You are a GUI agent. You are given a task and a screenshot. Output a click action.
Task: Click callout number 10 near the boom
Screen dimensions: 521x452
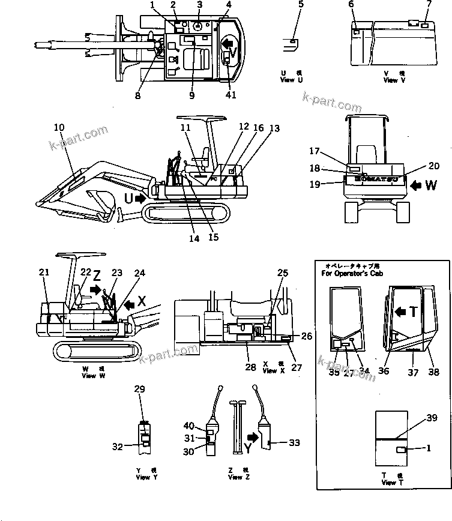click(x=59, y=127)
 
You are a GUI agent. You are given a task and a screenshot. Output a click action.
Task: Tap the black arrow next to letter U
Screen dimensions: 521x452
click(x=139, y=197)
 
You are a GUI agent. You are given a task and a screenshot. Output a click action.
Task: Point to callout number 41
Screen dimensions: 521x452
click(x=231, y=95)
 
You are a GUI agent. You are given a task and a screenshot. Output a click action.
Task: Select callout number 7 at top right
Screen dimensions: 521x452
click(x=429, y=4)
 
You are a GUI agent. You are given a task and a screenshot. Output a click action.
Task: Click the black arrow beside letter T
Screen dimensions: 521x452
click(x=402, y=310)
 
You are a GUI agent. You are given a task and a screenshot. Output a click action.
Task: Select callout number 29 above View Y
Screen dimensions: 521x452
click(x=140, y=390)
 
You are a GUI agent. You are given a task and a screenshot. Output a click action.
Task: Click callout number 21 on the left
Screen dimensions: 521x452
click(x=44, y=273)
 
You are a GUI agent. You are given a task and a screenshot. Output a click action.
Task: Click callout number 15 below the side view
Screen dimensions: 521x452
click(x=213, y=237)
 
